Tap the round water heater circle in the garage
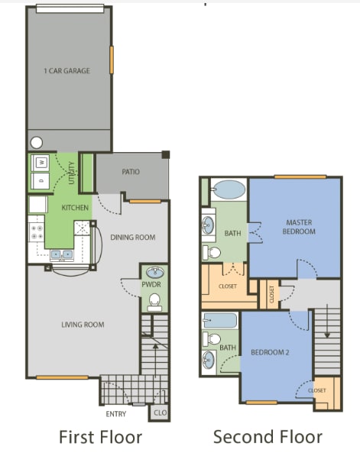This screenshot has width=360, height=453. [37, 142]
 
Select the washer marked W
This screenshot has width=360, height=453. [40, 162]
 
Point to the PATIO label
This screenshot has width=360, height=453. [131, 172]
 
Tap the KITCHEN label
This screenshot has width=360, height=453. [75, 208]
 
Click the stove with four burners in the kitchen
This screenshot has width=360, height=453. [36, 229]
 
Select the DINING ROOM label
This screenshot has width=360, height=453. [132, 238]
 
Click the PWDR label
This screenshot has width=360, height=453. [151, 284]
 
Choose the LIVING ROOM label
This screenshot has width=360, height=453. [83, 325]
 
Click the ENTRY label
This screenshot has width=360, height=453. [115, 414]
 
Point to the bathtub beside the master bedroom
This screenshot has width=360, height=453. [227, 189]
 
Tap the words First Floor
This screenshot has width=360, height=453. [101, 437]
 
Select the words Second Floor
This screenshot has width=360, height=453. [268, 437]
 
